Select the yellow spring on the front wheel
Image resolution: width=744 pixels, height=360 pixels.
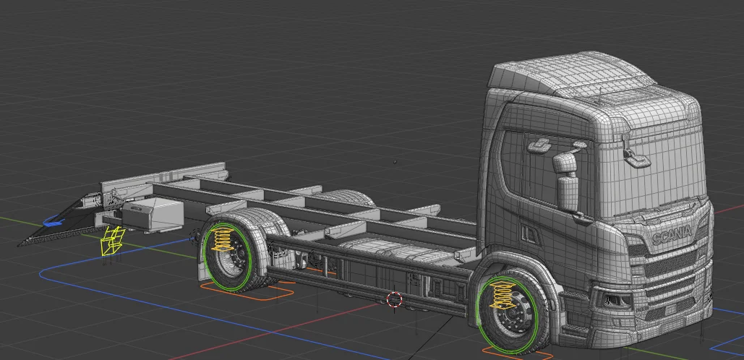coord(501,296)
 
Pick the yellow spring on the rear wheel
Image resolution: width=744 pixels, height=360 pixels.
coord(224,239)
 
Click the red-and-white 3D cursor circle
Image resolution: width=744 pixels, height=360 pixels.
coord(394,299)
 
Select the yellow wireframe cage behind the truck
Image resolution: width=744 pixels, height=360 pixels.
coord(112,241)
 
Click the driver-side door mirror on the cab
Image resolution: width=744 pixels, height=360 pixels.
coord(566,181)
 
